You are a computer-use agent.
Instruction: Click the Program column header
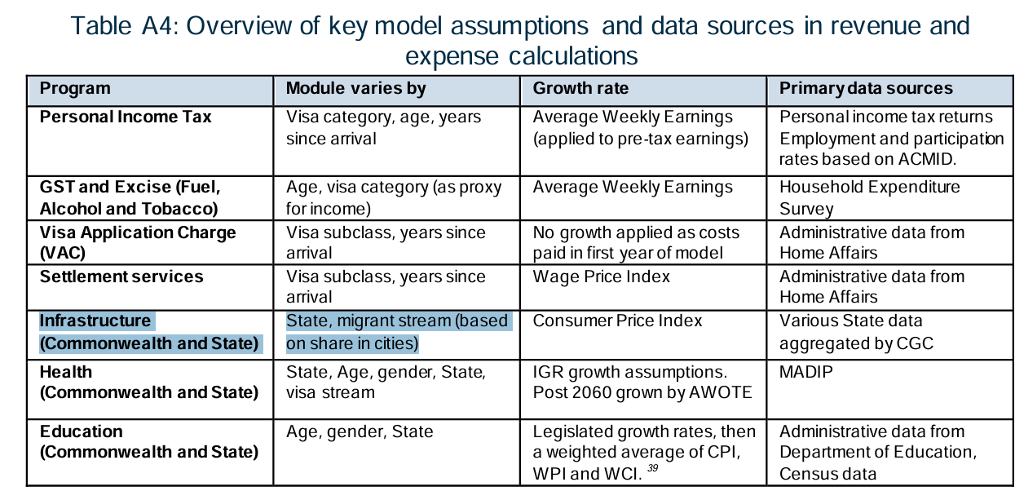[x=75, y=88]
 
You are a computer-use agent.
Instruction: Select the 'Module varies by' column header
[x=355, y=88]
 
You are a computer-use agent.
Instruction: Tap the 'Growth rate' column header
[x=580, y=88]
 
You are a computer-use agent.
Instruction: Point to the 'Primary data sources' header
[x=866, y=88]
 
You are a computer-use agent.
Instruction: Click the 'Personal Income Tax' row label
[x=126, y=117]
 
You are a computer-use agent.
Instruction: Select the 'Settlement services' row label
[x=121, y=276]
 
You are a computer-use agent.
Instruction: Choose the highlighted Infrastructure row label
[x=148, y=332]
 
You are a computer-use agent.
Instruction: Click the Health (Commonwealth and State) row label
[x=148, y=383]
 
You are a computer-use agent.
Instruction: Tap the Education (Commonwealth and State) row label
[x=148, y=441]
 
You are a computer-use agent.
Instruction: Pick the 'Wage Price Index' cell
[x=601, y=276]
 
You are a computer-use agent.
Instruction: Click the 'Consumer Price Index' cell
[x=617, y=321]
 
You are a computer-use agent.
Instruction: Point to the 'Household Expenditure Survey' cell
[x=869, y=197]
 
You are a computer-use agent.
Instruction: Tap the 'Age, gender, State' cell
[x=360, y=431]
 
